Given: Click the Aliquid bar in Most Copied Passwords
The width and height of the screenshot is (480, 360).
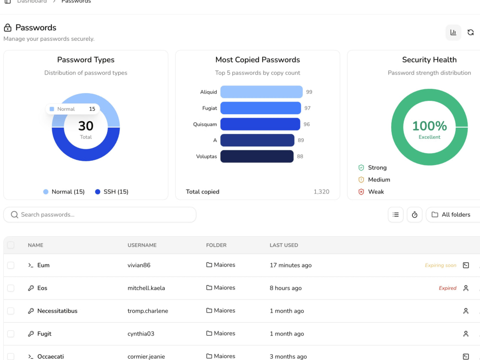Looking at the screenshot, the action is coord(262,92).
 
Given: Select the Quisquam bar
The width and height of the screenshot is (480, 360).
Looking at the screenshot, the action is coord(260,124).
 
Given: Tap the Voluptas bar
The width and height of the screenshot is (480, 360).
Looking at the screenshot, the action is coord(257,156).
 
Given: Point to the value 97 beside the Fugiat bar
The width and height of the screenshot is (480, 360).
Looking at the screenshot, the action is coord(307,108).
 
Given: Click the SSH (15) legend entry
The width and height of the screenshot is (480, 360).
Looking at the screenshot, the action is coord(112,192).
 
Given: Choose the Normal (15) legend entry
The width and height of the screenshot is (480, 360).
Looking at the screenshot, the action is coord(64,192).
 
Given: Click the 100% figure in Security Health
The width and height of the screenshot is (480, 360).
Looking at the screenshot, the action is coord(430,126).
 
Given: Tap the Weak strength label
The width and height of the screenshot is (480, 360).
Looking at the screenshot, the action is coord(376,192).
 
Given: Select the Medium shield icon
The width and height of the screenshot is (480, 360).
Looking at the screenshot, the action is coord(361,180).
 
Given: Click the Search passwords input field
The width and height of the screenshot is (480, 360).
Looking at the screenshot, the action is coord(100,215).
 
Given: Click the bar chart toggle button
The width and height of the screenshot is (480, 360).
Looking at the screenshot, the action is coord(454,32).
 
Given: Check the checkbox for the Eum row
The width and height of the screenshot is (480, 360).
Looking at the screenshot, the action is coord(11,265).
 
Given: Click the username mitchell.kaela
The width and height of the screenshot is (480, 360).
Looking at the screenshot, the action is coord(146,288).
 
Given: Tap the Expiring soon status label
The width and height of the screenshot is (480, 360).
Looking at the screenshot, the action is coord(441,265).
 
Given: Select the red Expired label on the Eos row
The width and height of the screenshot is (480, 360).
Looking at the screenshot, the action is coord(447,288).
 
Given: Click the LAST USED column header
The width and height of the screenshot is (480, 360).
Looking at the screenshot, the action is coord(284,245).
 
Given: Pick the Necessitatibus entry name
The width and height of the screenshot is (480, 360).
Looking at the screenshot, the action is coord(57,311).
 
